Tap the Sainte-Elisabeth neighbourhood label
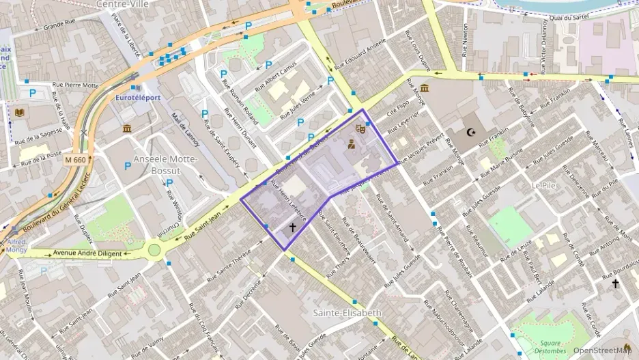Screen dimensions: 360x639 point(347,313)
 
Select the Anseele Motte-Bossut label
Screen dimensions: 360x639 point(165,164)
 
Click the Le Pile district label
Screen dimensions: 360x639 point(544,185)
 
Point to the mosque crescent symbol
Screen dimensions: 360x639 point(470,132)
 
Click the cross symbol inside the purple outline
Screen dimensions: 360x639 point(293,227)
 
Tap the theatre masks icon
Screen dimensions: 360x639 point(360,128)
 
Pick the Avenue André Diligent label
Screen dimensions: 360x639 point(87,254)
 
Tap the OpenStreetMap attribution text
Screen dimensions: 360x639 point(601,350)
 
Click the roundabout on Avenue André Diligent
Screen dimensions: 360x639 point(154,250)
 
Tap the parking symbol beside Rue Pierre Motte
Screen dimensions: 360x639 point(31,93)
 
